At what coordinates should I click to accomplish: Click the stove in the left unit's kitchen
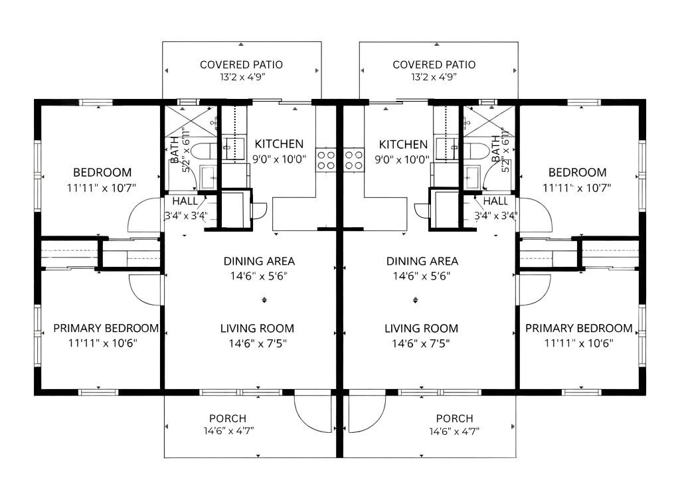pyautogui.click(x=325, y=159)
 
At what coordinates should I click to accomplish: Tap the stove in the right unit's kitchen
pyautogui.click(x=354, y=159)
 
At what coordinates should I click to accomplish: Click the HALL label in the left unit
pyautogui.click(x=185, y=201)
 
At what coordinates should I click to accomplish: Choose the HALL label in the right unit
pyautogui.click(x=495, y=201)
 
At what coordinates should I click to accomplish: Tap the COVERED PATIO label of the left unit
pyautogui.click(x=241, y=64)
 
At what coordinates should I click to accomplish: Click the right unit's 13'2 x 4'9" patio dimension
pyautogui.click(x=434, y=78)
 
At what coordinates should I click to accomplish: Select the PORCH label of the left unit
pyautogui.click(x=228, y=418)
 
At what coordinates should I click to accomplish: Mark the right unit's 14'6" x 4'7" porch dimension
pyautogui.click(x=454, y=432)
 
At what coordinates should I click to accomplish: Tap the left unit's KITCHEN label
pyautogui.click(x=279, y=144)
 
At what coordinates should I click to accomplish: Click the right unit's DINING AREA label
pyautogui.click(x=422, y=262)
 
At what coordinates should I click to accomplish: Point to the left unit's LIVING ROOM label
pyautogui.click(x=257, y=329)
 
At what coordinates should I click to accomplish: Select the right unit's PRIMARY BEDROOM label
pyautogui.click(x=579, y=328)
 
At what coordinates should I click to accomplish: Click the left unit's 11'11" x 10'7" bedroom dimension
pyautogui.click(x=102, y=188)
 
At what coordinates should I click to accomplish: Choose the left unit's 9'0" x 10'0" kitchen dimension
pyautogui.click(x=280, y=159)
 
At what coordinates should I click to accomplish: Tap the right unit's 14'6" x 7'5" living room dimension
pyautogui.click(x=421, y=344)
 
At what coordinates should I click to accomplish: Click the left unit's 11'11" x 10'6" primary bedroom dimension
pyautogui.click(x=103, y=343)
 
